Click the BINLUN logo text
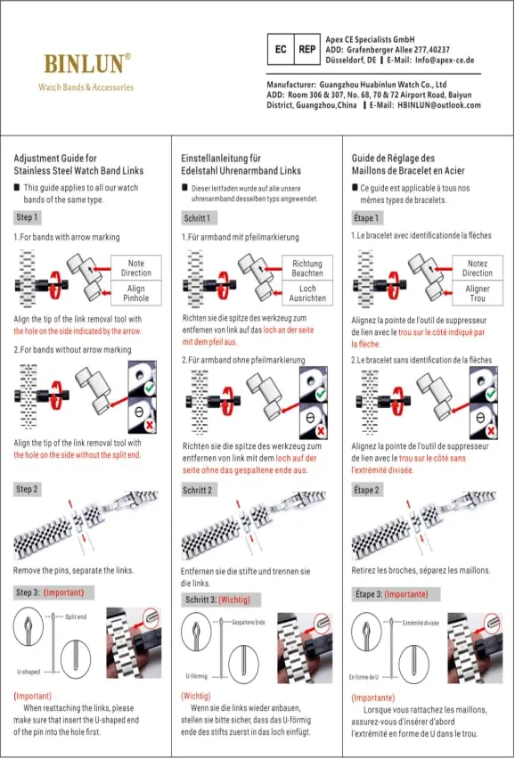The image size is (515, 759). [85, 63]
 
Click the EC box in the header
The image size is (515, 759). [281, 49]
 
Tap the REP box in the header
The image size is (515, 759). [307, 49]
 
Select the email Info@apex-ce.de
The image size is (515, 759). [445, 61]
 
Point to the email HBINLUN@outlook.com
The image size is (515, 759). [439, 105]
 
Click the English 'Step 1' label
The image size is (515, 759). [27, 217]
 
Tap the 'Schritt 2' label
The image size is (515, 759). [198, 490]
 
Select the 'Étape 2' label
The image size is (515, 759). [366, 490]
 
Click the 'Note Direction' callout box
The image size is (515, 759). [136, 268]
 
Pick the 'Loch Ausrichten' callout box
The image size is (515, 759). [307, 293]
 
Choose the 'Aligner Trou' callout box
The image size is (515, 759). [478, 293]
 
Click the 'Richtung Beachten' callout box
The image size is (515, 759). [307, 268]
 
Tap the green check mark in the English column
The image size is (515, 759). [150, 388]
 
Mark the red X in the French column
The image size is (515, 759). [491, 430]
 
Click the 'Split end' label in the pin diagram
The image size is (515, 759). [76, 616]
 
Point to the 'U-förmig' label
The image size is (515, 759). [197, 676]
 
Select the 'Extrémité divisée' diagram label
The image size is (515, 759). [421, 623]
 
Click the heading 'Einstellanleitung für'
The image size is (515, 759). [221, 159]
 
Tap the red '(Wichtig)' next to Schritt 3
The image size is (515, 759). [234, 600]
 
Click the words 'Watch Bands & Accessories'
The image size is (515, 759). [86, 87]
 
